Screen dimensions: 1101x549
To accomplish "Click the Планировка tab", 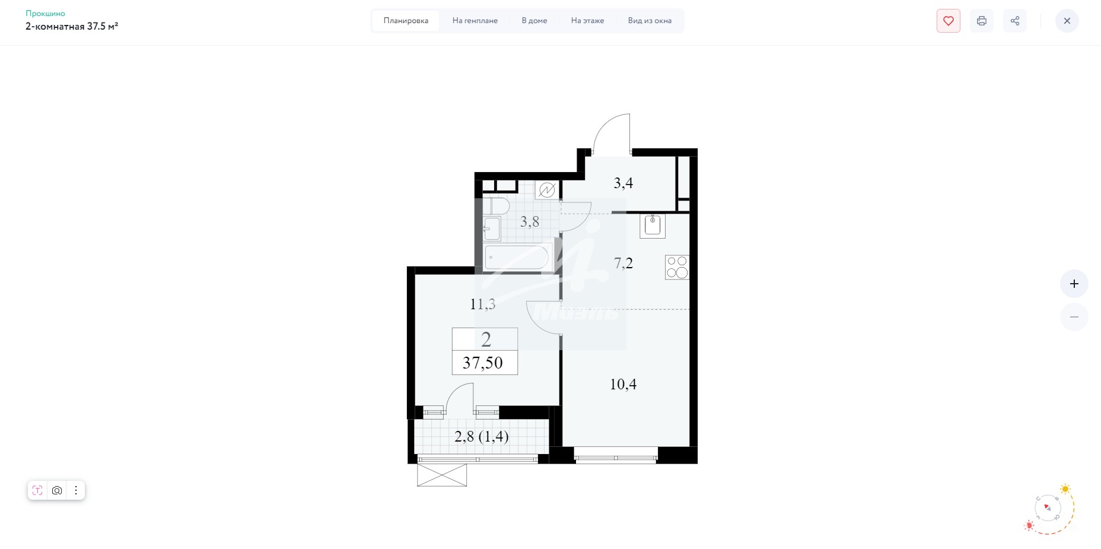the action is click(406, 21).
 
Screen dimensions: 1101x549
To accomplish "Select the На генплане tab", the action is click(475, 21).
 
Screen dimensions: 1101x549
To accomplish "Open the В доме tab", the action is click(534, 21).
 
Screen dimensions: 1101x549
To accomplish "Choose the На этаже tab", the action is click(588, 21).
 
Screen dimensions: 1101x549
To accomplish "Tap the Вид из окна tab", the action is click(650, 21).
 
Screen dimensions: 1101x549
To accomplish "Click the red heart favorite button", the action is click(949, 21).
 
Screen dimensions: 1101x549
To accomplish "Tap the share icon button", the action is click(1015, 21).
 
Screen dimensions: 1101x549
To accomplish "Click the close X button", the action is click(1067, 21).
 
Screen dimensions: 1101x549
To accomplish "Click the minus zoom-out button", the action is click(1074, 317).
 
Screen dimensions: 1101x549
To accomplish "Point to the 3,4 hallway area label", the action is click(623, 183).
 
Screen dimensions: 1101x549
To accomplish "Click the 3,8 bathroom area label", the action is click(530, 221).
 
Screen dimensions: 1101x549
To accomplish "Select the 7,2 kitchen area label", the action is click(623, 263).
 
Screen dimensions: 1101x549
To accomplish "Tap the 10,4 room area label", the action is click(623, 384).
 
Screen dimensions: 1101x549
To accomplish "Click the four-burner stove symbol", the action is click(677, 267).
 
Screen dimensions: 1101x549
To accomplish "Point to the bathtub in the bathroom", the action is click(518, 258).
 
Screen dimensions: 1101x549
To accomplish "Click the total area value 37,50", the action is click(483, 363).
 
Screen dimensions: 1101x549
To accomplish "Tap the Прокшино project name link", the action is click(45, 13).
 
